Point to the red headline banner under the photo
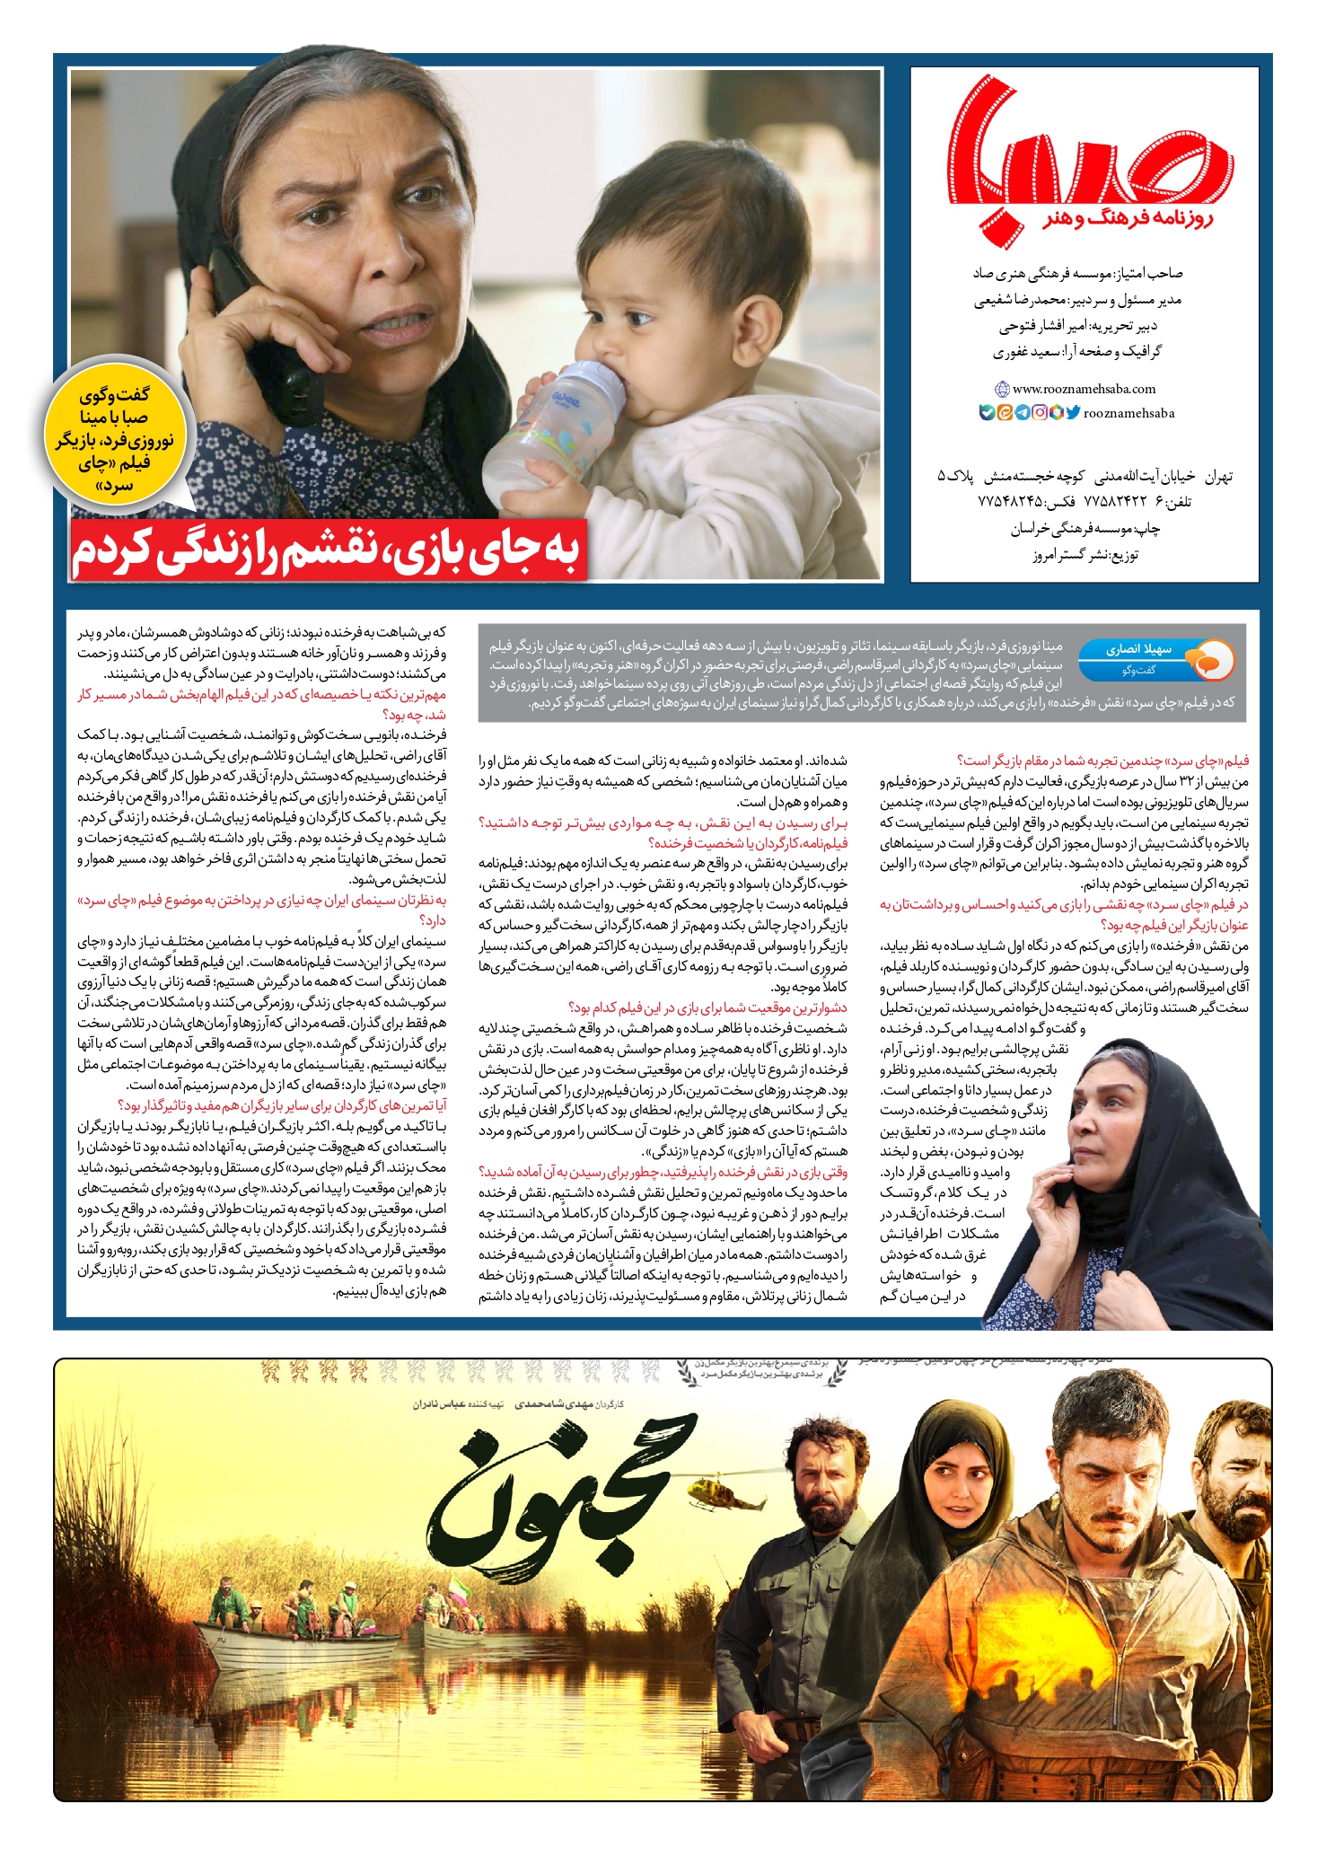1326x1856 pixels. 329,550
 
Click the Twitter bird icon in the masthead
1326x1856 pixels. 1072,413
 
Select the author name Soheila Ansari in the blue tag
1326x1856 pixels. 1140,649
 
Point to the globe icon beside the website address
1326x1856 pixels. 1002,389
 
